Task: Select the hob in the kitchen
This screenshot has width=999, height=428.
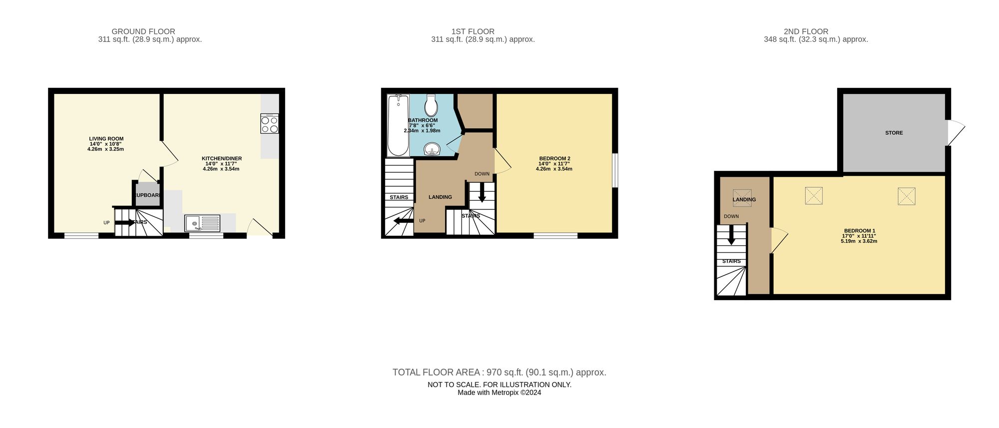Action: (x=269, y=123)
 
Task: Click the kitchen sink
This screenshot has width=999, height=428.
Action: (x=202, y=223)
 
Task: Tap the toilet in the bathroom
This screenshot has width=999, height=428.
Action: (x=431, y=105)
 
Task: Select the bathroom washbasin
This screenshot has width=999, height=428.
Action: (x=432, y=149)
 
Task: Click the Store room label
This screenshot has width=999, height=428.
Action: (x=894, y=133)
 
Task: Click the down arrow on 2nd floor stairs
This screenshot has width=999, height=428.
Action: (x=731, y=236)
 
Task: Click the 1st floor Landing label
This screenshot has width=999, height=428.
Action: (x=440, y=197)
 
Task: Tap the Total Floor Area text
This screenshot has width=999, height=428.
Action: (x=499, y=372)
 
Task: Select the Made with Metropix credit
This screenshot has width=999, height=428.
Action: (x=499, y=393)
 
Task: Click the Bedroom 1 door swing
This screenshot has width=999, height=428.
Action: (x=779, y=240)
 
